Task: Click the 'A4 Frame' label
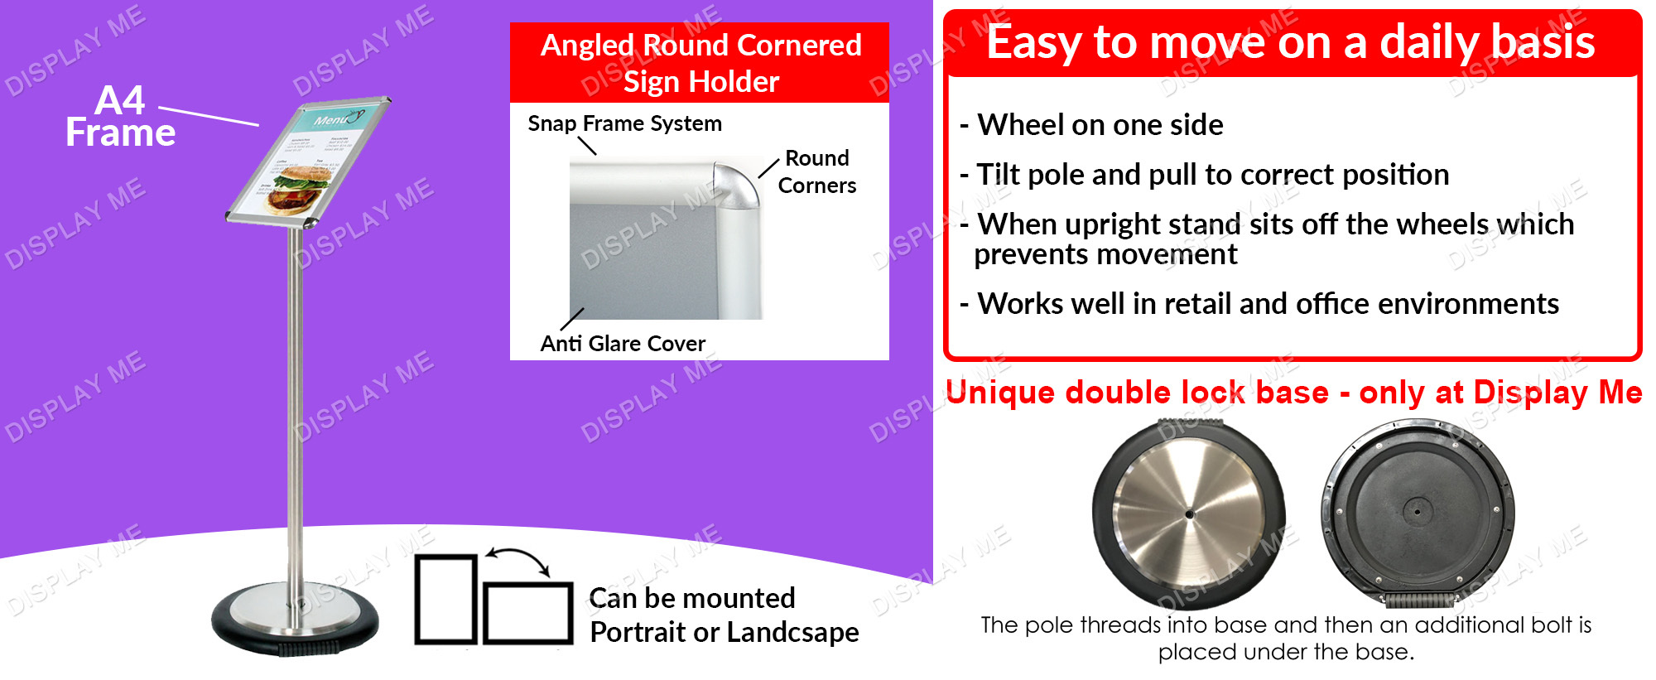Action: [x=121, y=117]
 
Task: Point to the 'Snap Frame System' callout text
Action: [x=624, y=123]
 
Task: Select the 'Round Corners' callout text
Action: [x=817, y=171]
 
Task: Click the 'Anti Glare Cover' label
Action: [x=623, y=343]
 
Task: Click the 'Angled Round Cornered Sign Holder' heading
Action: [x=700, y=63]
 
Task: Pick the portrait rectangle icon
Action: [x=446, y=599]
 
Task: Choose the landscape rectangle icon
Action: [x=528, y=613]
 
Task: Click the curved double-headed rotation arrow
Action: [x=517, y=559]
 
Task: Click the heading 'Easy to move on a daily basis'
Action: [x=1291, y=41]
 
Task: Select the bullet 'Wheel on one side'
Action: [x=1091, y=125]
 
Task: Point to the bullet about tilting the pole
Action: [x=1205, y=175]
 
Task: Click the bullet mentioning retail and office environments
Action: [x=1259, y=304]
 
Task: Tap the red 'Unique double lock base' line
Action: [x=1293, y=393]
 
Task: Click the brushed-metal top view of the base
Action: [x=1189, y=514]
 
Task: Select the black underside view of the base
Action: [x=1418, y=514]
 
